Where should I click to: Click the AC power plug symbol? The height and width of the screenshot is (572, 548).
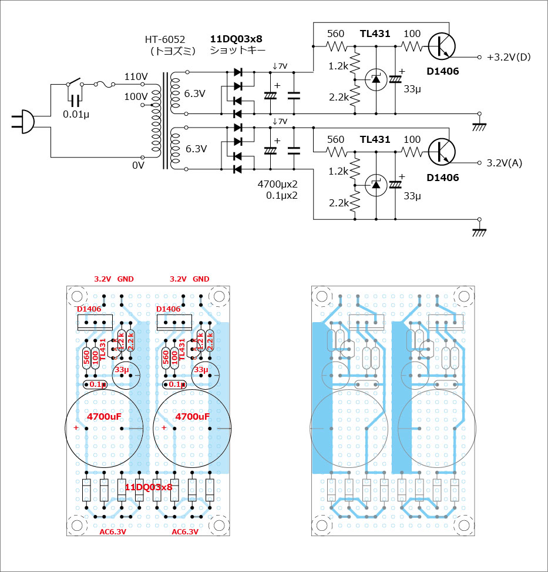point(23,121)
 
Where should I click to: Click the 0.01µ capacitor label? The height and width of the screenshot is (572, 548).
point(75,113)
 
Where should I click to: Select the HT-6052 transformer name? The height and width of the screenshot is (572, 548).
point(165,40)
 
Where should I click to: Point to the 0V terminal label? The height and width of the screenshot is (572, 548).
point(138,166)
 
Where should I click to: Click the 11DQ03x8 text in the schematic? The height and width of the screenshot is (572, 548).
point(236,39)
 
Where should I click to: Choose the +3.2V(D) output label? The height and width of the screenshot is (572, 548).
point(509,57)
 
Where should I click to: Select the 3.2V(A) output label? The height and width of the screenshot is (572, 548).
point(505,163)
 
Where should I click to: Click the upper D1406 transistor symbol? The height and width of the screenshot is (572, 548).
point(441,45)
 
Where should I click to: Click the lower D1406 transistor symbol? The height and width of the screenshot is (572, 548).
point(441,151)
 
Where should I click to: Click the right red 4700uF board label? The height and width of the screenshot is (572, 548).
point(192,416)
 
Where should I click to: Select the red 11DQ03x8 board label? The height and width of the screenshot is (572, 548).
point(149,487)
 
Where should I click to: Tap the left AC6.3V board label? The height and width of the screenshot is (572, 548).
point(112,531)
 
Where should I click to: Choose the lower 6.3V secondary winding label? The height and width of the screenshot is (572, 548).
point(196,149)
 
